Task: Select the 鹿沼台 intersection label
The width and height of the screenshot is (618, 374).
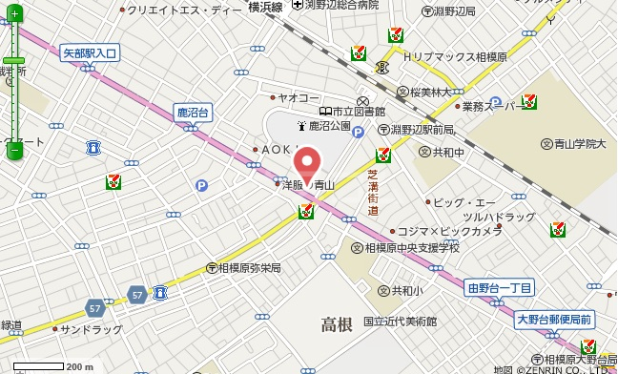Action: tap(193, 113)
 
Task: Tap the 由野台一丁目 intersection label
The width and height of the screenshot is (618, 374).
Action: tap(500, 287)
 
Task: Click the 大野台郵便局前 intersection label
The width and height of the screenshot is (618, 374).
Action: tap(554, 319)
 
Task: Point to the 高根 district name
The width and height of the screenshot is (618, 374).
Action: tap(337, 324)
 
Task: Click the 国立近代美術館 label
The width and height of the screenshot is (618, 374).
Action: tap(400, 322)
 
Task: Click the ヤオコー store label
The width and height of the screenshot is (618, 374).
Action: tap(299, 97)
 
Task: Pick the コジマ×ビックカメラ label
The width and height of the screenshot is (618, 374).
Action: tap(449, 232)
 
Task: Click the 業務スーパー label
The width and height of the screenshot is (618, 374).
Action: tap(488, 106)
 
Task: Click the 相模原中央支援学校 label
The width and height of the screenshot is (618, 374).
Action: tap(410, 248)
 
